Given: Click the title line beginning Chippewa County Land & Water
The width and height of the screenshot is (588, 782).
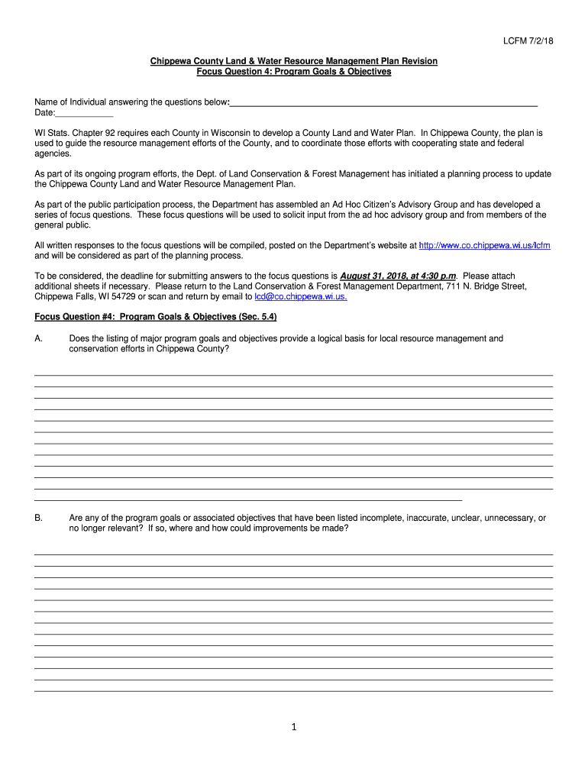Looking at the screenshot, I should click(293, 61).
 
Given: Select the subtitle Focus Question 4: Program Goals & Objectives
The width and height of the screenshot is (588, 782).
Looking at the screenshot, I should click(293, 72).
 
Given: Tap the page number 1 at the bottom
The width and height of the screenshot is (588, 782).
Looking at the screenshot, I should click(293, 727).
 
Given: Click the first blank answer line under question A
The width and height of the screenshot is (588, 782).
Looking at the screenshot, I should click(293, 374).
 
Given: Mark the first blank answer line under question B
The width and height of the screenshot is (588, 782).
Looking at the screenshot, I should click(293, 554).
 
